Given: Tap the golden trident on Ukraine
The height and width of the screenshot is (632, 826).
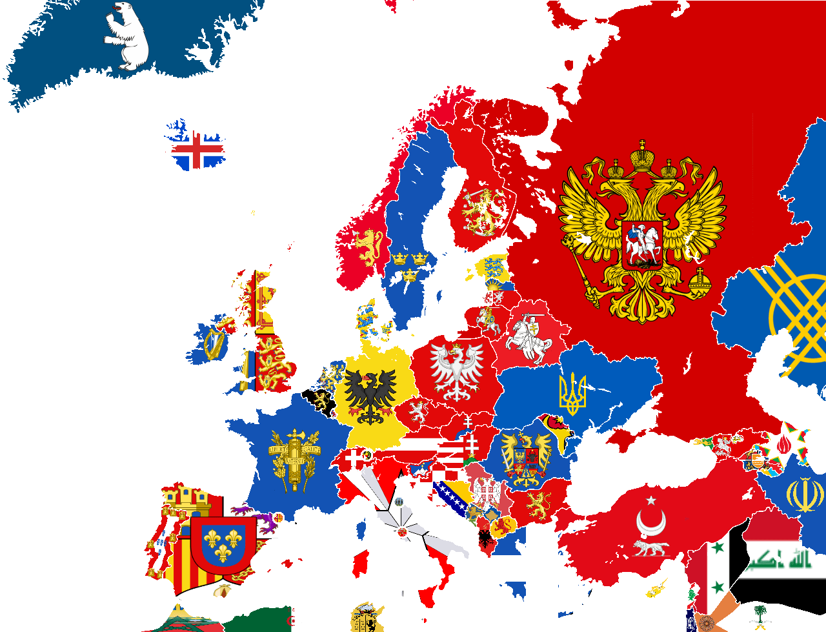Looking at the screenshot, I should coord(572,394).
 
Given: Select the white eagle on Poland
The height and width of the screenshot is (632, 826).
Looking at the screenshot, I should coord(457,371).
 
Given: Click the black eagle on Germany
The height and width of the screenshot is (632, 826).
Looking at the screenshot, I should coord(370,394).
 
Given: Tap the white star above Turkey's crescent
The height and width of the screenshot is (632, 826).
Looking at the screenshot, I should coord(650,500).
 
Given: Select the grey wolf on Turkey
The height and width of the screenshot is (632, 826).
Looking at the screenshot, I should coord(650,549).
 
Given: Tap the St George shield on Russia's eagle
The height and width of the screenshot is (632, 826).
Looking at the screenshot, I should coord(642,245).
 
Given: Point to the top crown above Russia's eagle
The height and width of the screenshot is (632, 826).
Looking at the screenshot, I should coord(643,156).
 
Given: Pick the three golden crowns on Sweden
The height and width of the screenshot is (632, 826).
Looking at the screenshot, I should coord(410,265).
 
